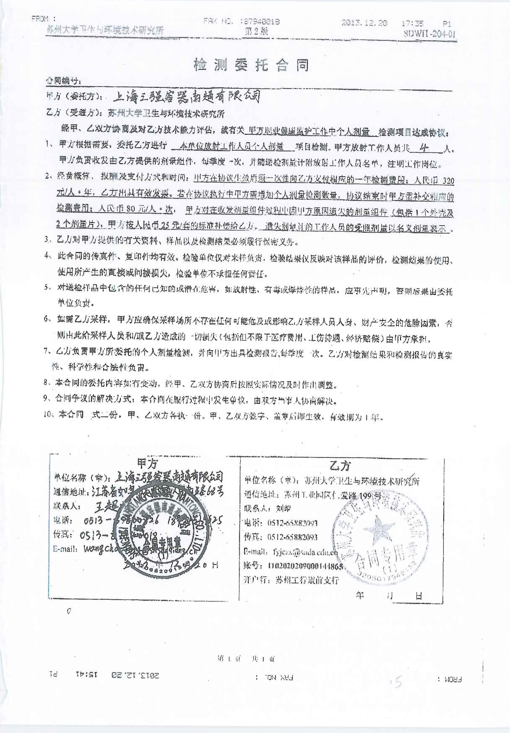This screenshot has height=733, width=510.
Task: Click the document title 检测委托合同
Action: coord(251,65)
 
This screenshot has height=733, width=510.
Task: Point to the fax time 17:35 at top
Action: coord(412,23)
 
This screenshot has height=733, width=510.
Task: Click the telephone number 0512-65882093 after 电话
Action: coord(292,523)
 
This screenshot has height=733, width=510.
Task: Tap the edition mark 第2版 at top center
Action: coord(256,31)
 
